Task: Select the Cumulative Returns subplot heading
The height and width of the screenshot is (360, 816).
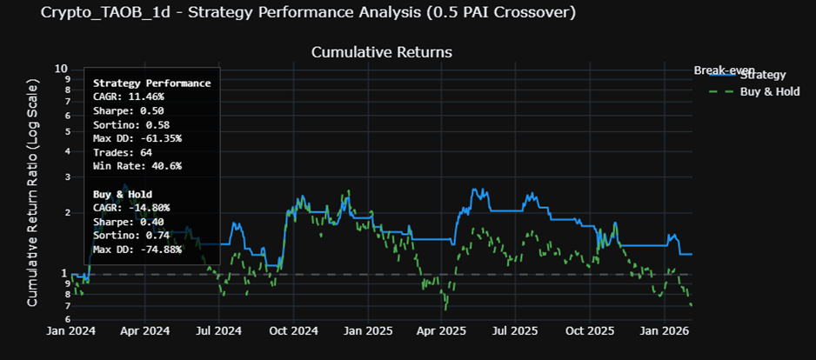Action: (x=382, y=52)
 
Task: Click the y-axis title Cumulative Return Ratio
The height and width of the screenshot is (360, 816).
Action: (x=33, y=192)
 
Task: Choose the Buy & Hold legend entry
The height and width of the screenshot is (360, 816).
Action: (x=762, y=91)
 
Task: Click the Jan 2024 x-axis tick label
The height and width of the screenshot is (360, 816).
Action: (x=70, y=331)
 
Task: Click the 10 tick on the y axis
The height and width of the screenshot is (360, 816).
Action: (x=61, y=69)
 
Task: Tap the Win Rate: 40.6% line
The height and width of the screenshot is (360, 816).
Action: (x=137, y=166)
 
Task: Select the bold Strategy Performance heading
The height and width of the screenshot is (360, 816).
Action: (x=151, y=83)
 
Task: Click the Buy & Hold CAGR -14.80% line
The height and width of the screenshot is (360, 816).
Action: (x=131, y=208)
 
